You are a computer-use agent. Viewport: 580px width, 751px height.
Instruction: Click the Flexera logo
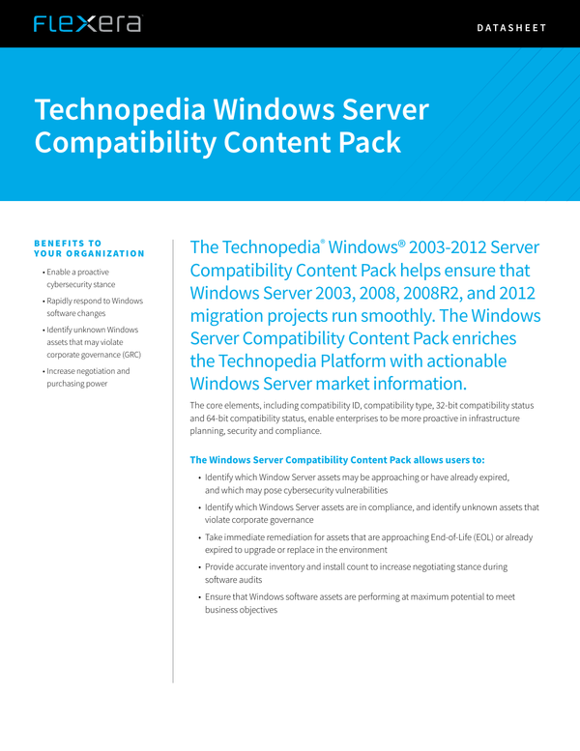click(x=87, y=24)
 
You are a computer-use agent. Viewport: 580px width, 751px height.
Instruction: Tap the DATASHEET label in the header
click(x=511, y=28)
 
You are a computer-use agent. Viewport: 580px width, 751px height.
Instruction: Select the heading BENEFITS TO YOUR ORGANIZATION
click(x=89, y=248)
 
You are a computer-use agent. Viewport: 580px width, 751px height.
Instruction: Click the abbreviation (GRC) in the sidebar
click(x=132, y=354)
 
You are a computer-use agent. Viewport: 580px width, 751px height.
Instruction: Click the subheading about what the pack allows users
click(x=337, y=459)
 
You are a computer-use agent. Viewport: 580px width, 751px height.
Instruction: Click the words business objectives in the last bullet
click(x=241, y=610)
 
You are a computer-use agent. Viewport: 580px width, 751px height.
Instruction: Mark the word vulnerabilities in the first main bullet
click(x=349, y=490)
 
